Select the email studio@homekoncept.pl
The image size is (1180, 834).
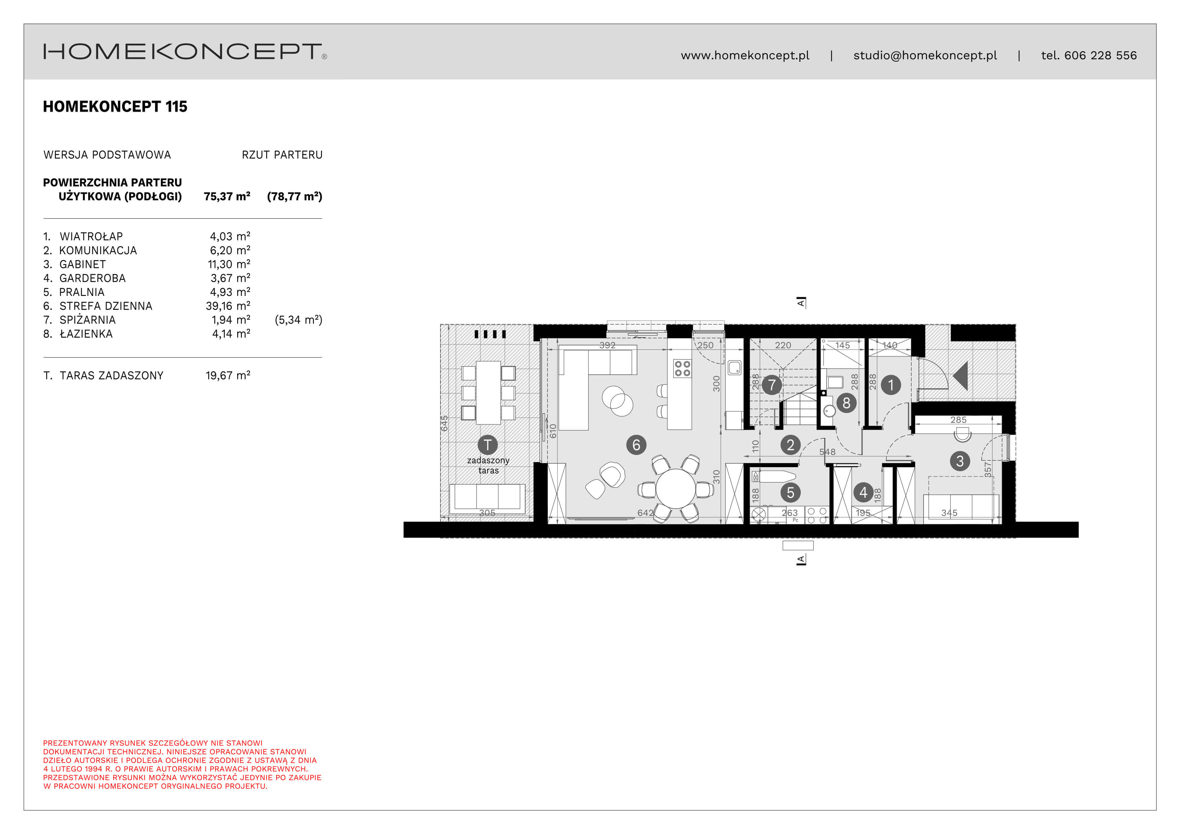[925, 55]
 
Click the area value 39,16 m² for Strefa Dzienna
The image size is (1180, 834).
[228, 306]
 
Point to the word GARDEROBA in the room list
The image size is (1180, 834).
[93, 278]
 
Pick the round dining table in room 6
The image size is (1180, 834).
[675, 489]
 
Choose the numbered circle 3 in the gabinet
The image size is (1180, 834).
[960, 461]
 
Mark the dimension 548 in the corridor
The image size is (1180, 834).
[827, 452]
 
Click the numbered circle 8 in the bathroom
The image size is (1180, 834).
[846, 403]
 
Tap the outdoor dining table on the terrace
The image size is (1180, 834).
[488, 392]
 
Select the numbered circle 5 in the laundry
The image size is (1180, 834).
[790, 492]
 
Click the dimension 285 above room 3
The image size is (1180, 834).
[958, 420]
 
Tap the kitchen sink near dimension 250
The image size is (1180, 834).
[735, 368]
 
